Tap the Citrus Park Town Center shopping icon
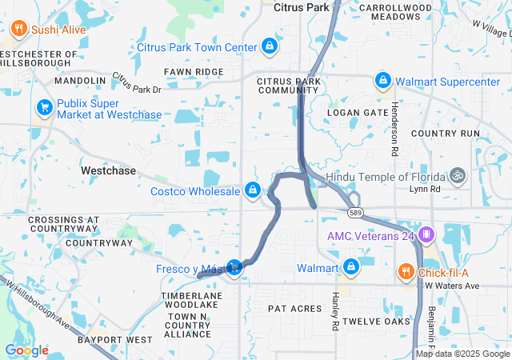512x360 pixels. (270, 46)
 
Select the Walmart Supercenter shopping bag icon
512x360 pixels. (384, 81)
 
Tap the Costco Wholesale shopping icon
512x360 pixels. (253, 190)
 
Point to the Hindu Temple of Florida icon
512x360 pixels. (457, 174)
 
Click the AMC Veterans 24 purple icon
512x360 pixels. (426, 235)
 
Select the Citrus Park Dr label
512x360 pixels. (136, 82)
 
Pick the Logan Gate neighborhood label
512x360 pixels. (356, 114)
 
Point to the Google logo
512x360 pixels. (27, 350)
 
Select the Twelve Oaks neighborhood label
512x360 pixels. (375, 322)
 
